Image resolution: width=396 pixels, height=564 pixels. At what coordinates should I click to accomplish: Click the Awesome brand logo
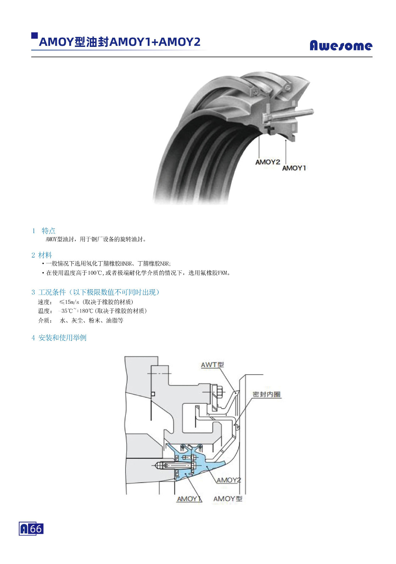point(341,45)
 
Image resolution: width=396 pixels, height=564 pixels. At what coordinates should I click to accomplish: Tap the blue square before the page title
point(34,36)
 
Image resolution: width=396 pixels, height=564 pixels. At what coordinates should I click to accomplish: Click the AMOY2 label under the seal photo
point(267,162)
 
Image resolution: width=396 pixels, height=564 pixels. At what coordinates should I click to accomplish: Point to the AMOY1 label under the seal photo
point(294,168)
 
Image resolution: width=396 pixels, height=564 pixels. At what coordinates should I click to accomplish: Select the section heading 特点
point(49,230)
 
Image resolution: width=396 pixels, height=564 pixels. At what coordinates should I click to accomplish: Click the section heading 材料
point(45,255)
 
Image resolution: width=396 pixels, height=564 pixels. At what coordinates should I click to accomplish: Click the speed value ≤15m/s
point(69,302)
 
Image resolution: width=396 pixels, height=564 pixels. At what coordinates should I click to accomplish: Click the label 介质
point(45,320)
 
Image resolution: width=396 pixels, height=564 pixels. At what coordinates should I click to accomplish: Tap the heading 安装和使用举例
point(63,338)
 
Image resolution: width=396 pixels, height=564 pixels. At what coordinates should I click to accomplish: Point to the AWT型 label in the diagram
point(212,365)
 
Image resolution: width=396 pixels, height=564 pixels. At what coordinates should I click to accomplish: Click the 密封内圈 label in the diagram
point(267,394)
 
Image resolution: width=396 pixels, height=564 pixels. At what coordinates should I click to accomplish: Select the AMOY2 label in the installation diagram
point(229,480)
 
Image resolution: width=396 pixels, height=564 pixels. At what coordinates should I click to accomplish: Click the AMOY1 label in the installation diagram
point(189,499)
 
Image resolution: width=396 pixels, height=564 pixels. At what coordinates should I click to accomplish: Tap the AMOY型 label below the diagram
point(228,499)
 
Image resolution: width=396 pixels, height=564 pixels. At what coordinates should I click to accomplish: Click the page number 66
point(36,529)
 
